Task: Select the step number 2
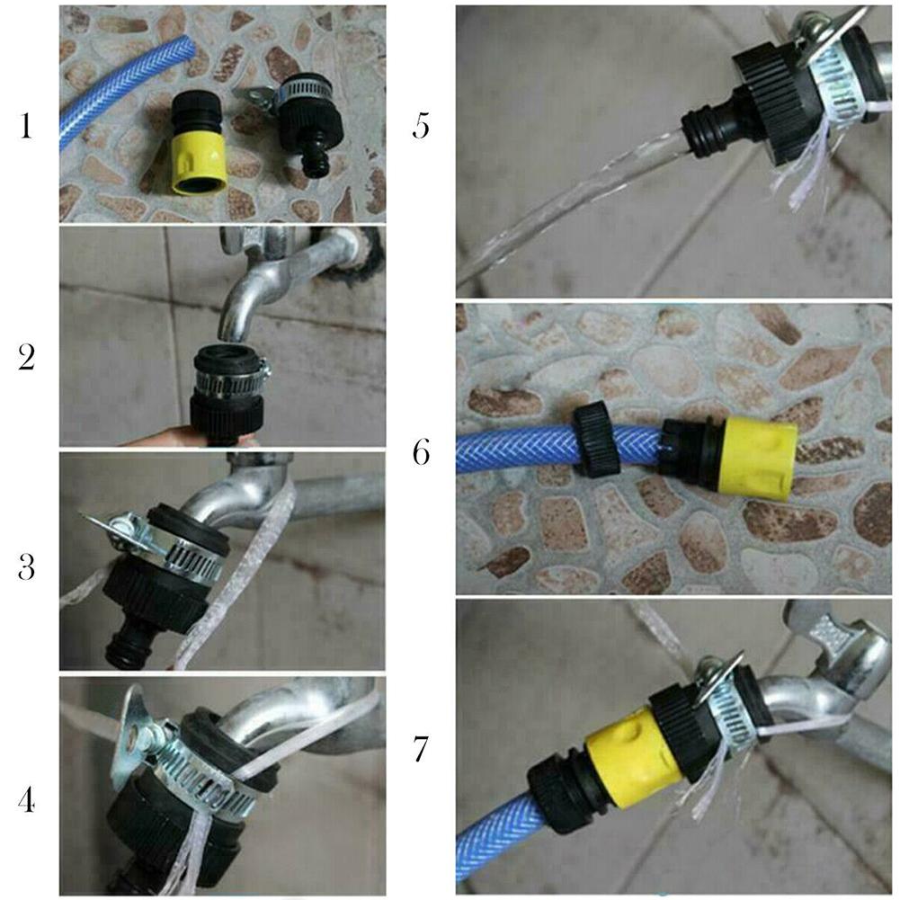click(x=27, y=358)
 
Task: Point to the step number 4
click(x=27, y=798)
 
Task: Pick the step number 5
click(x=422, y=127)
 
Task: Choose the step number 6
click(x=422, y=452)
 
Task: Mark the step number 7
click(x=422, y=749)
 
